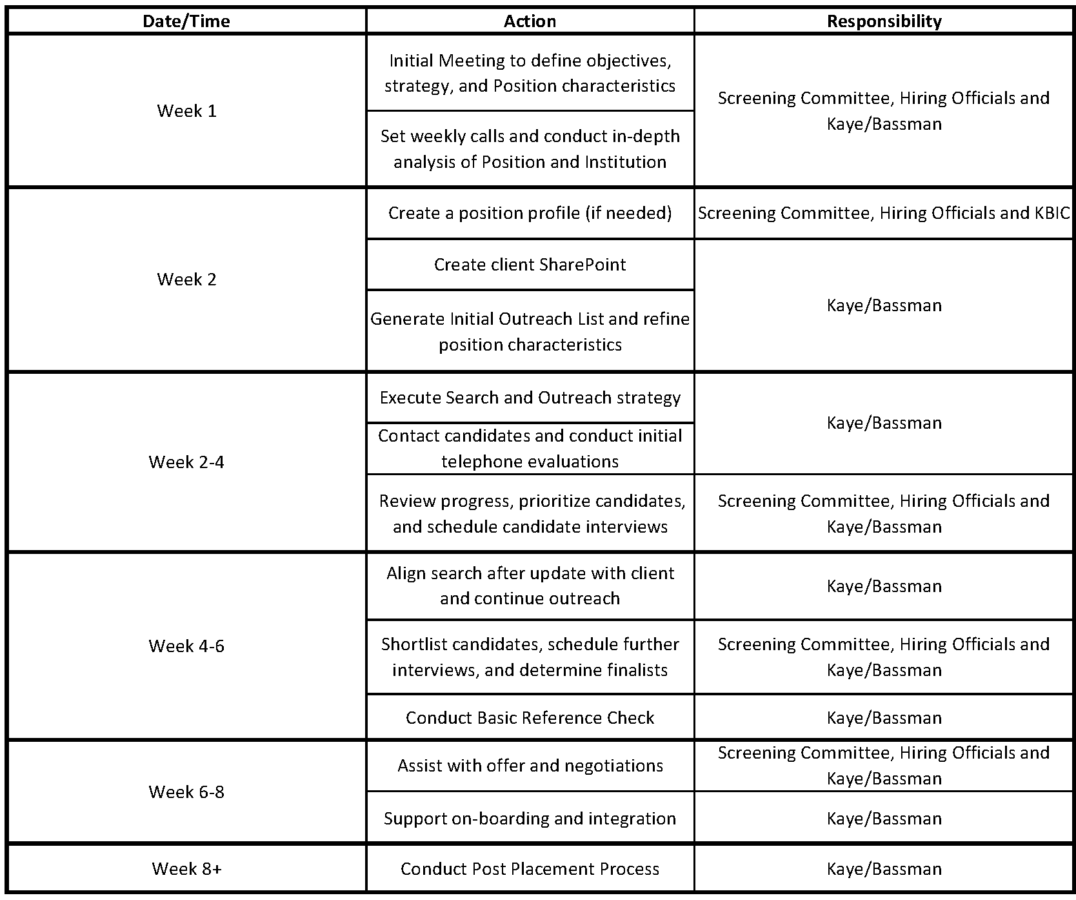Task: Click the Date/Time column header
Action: click(186, 21)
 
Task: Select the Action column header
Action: click(530, 21)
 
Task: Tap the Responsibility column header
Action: click(884, 21)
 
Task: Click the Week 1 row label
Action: click(186, 111)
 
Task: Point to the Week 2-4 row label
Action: click(186, 462)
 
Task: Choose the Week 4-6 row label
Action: click(186, 646)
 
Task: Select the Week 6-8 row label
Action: click(186, 792)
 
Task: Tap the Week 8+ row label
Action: click(186, 869)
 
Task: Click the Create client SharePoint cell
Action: click(530, 265)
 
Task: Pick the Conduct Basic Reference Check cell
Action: click(530, 718)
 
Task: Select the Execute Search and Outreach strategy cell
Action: click(530, 398)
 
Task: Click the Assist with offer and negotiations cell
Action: click(530, 766)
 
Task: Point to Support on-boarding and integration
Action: click(530, 819)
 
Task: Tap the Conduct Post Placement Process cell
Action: click(530, 869)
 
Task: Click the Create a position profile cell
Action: click(530, 213)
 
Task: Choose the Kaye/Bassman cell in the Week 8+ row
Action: click(884, 869)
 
